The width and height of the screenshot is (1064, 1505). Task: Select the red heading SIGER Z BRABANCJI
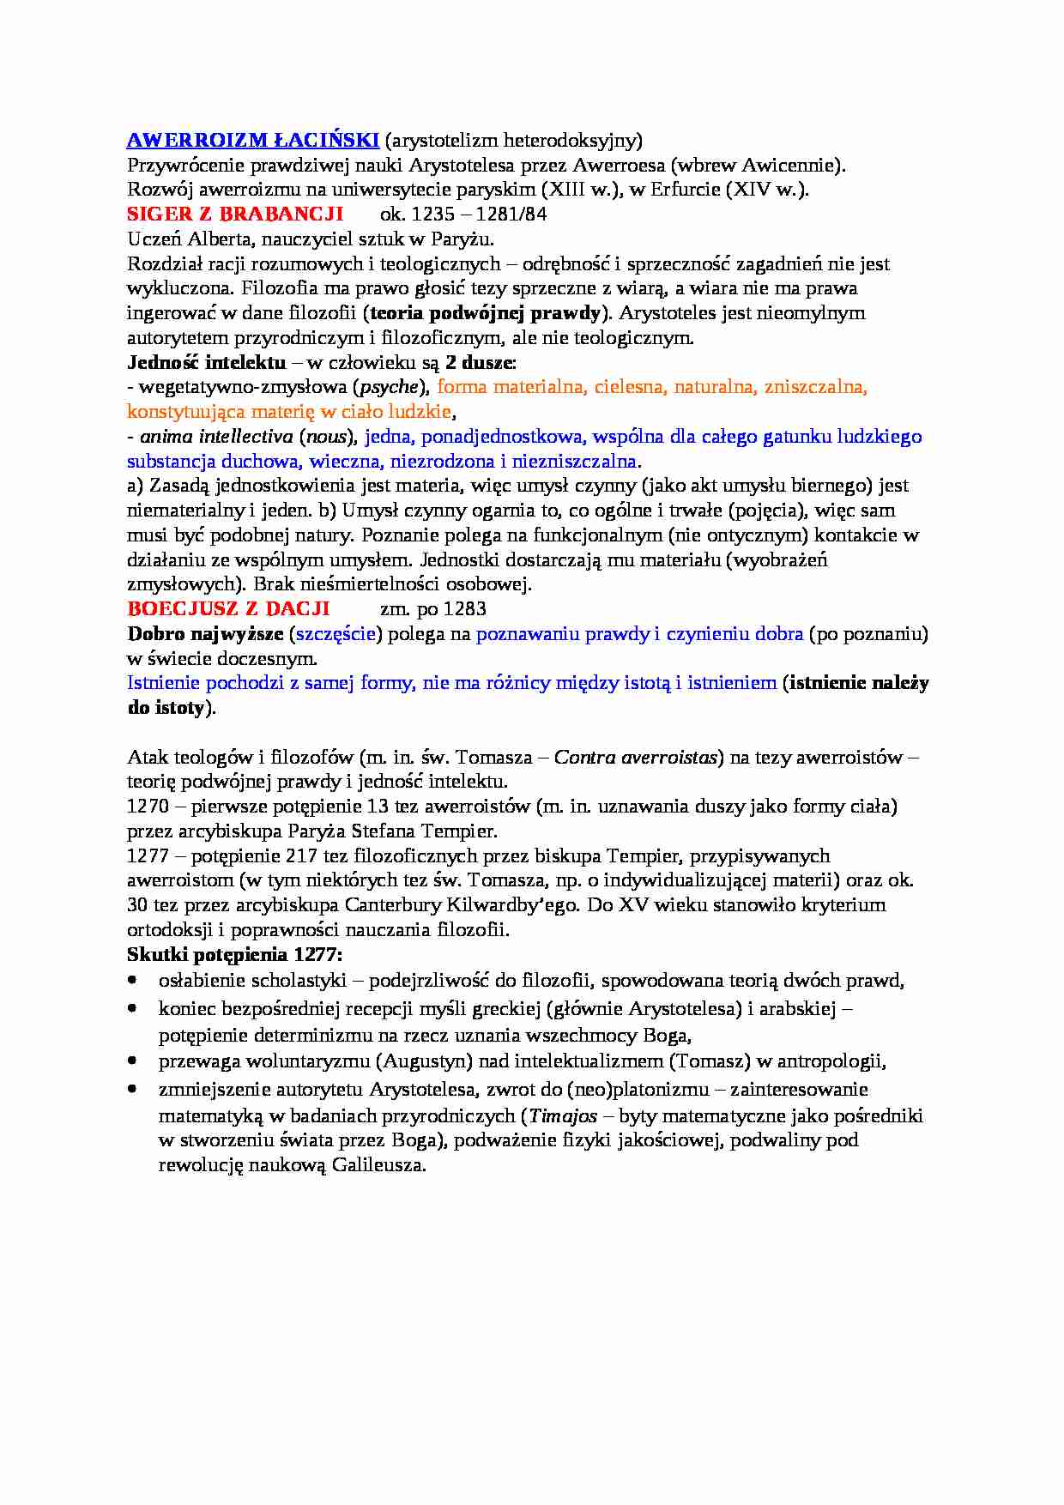coord(234,214)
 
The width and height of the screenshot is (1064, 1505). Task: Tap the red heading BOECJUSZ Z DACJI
coord(228,609)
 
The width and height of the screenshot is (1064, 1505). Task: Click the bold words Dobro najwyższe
coord(205,634)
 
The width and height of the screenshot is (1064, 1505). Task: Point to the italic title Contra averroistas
coord(635,758)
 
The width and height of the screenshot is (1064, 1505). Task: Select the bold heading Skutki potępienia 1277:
coord(234,955)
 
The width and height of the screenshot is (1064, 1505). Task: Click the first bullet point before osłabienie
coord(132,980)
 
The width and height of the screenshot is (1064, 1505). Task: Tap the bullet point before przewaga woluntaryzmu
coord(132,1061)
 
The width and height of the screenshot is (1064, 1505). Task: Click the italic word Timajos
coord(561,1116)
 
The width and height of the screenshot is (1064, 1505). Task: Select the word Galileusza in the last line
coord(378,1165)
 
